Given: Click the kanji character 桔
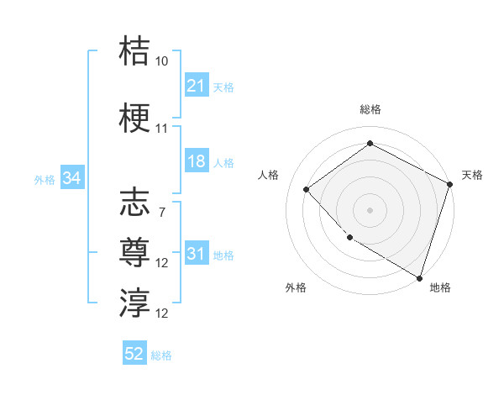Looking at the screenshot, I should point(134,50).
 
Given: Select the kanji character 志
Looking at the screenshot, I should point(134,202).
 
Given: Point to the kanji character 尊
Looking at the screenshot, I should point(134,252).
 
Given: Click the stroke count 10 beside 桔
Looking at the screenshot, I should point(162,61).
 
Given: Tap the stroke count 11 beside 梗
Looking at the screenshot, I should point(162,129).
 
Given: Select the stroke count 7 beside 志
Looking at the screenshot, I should point(161,213).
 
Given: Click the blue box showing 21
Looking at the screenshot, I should point(197,86).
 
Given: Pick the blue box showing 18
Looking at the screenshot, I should point(197,161).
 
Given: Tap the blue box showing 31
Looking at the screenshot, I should point(197,254).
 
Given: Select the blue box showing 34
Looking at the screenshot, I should point(72,178).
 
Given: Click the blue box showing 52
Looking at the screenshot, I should point(134,354).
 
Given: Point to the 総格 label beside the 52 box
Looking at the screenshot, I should point(161,355).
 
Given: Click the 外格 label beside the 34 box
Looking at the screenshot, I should point(45,179).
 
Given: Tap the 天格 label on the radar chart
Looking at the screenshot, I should point(472,175).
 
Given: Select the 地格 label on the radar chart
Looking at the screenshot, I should point(440,287).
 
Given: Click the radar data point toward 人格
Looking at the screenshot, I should point(307,189).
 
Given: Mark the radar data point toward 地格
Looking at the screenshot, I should point(418,276).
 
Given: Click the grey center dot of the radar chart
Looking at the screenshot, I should point(370,209).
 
